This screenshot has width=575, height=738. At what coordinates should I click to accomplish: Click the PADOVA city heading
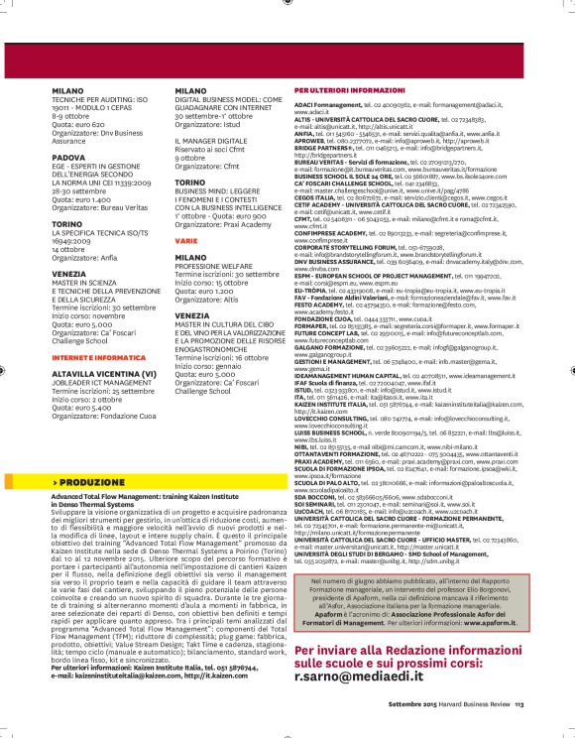tap(69, 156)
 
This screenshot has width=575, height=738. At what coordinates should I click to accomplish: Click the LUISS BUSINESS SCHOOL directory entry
tap(336, 432)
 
